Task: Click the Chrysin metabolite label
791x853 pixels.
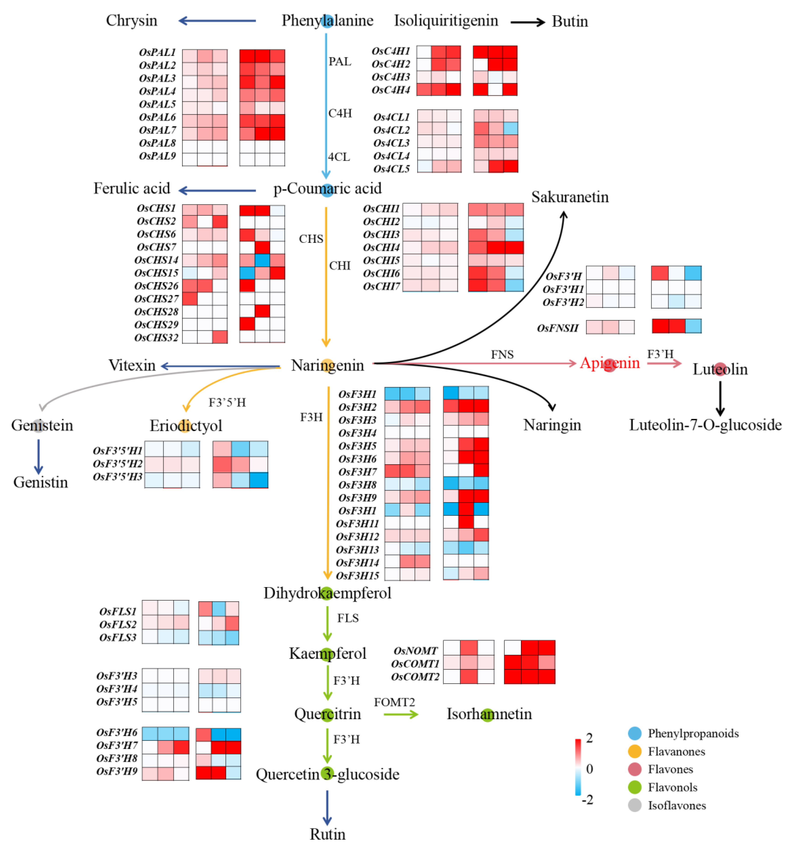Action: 131,21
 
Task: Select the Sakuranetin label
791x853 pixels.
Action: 570,197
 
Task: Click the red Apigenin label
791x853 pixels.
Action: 610,363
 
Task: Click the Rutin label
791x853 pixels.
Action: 328,834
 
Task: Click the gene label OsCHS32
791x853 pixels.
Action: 156,338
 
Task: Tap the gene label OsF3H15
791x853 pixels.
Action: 357,576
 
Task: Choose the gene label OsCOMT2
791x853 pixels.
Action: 415,677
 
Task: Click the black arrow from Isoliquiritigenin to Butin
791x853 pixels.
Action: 528,22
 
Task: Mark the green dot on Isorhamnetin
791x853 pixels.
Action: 488,715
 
